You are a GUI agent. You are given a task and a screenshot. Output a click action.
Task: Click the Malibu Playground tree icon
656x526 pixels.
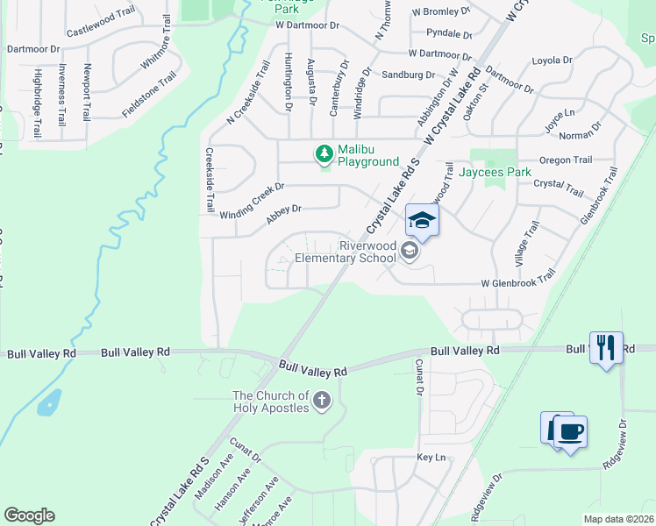[324, 154]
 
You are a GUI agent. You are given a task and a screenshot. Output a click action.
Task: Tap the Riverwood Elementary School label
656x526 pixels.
[345, 252]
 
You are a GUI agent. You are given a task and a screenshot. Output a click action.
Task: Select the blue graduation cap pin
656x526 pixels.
[422, 220]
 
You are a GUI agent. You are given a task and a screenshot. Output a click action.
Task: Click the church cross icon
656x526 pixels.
[322, 402]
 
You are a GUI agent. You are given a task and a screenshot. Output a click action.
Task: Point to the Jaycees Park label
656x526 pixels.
[501, 173]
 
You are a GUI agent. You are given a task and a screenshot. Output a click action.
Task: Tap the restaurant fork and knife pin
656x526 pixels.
[606, 348]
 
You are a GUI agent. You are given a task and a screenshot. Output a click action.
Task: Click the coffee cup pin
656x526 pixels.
[570, 432]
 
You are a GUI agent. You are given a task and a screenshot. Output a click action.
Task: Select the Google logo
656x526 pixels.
[29, 515]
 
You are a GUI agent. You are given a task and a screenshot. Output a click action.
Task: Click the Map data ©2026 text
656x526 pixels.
[618, 519]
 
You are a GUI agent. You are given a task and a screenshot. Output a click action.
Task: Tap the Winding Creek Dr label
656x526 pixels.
[253, 202]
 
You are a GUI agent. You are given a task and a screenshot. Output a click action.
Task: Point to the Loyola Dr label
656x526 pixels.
[552, 60]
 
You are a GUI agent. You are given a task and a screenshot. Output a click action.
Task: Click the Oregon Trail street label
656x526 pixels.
[566, 160]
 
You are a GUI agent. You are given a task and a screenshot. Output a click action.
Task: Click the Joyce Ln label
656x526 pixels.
[559, 120]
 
